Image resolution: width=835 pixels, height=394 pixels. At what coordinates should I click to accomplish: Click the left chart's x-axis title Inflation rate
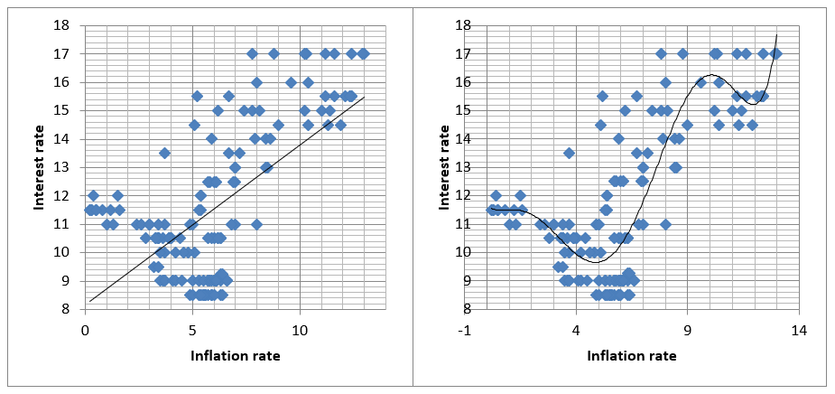(x=236, y=356)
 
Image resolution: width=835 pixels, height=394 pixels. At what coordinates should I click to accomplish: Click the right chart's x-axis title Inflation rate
(x=632, y=356)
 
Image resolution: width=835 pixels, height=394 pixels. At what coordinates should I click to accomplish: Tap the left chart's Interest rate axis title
(x=39, y=167)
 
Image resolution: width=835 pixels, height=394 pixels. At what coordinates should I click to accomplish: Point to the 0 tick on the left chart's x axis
(x=85, y=331)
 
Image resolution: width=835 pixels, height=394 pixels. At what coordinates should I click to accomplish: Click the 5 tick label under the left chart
(x=193, y=331)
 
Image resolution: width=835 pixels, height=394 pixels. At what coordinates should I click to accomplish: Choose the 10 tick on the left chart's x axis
(x=300, y=331)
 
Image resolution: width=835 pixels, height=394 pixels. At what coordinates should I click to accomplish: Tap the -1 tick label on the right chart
(x=465, y=331)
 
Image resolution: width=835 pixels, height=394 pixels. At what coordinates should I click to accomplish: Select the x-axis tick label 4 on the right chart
(x=576, y=331)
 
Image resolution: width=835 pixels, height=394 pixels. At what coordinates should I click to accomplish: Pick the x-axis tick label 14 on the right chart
(x=798, y=331)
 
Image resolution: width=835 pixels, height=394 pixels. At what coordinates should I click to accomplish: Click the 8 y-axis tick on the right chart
(x=476, y=309)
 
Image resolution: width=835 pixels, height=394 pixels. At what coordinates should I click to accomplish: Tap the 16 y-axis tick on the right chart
(x=473, y=82)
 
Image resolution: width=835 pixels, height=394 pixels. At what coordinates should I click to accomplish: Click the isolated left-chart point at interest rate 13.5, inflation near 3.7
(x=164, y=153)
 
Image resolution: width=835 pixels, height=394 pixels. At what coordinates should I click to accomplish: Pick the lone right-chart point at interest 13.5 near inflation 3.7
(x=570, y=153)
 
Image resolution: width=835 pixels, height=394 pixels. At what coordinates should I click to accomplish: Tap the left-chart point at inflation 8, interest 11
(x=256, y=224)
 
